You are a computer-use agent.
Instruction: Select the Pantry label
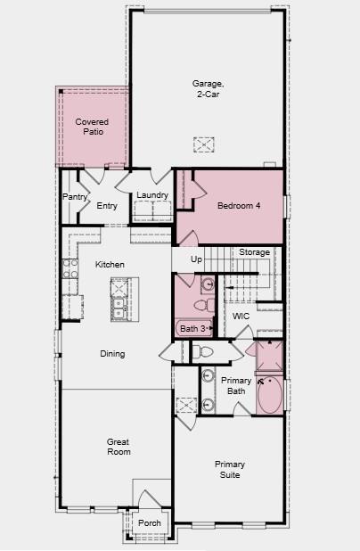pyautogui.click(x=73, y=197)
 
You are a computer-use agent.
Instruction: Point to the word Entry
pyautogui.click(x=107, y=206)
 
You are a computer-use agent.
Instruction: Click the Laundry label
pyautogui.click(x=152, y=196)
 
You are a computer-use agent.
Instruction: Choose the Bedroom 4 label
pyautogui.click(x=239, y=206)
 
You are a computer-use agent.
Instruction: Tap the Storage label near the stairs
pyautogui.click(x=254, y=252)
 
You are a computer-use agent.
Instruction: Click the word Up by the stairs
pyautogui.click(x=196, y=259)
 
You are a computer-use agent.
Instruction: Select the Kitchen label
pyautogui.click(x=110, y=264)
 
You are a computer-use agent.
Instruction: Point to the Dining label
pyautogui.click(x=112, y=354)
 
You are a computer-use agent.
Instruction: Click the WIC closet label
pyautogui.click(x=241, y=317)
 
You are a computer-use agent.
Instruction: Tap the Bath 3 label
pyautogui.click(x=193, y=329)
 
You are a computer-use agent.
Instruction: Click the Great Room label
pyautogui.click(x=119, y=446)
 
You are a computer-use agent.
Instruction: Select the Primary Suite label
pyautogui.click(x=230, y=469)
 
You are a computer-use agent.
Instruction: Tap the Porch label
pyautogui.click(x=150, y=523)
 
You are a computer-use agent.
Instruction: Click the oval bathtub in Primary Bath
pyautogui.click(x=269, y=395)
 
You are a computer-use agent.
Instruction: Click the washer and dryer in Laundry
pyautogui.click(x=153, y=211)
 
